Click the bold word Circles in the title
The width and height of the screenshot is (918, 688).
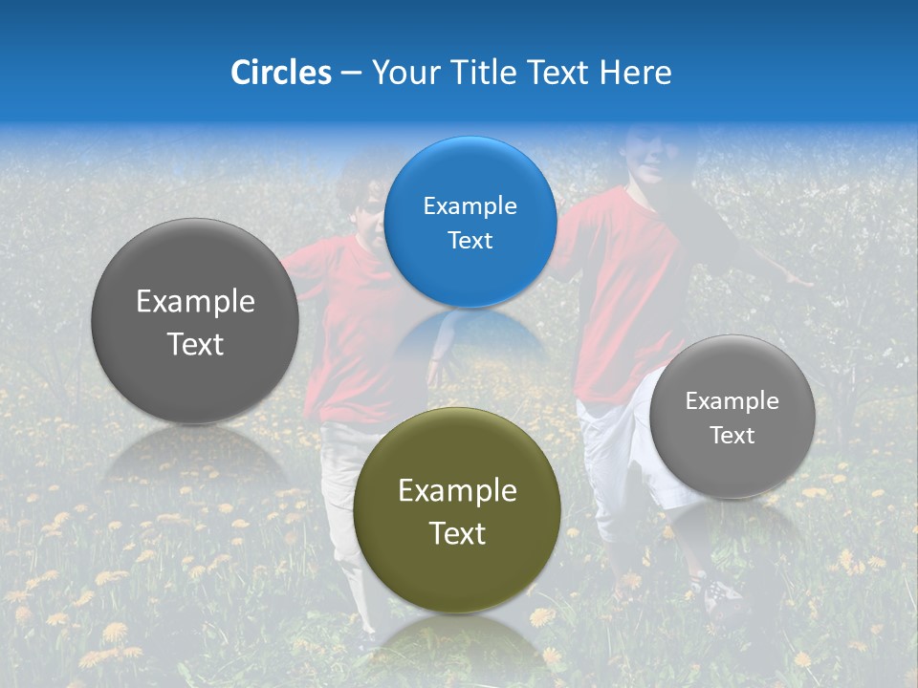(x=281, y=73)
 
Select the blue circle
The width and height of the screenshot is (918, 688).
(x=470, y=222)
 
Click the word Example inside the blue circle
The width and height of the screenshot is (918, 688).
(x=470, y=205)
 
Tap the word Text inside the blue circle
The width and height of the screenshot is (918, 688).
(x=470, y=240)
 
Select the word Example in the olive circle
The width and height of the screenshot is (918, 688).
(x=457, y=491)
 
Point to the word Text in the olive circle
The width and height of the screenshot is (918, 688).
(x=457, y=533)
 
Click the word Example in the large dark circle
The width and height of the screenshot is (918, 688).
(x=195, y=302)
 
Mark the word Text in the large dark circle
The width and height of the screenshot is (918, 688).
(x=195, y=344)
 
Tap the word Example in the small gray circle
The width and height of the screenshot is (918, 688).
(x=732, y=400)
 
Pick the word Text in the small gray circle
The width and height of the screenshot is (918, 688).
(x=732, y=435)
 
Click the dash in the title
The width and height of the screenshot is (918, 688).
(x=351, y=74)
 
